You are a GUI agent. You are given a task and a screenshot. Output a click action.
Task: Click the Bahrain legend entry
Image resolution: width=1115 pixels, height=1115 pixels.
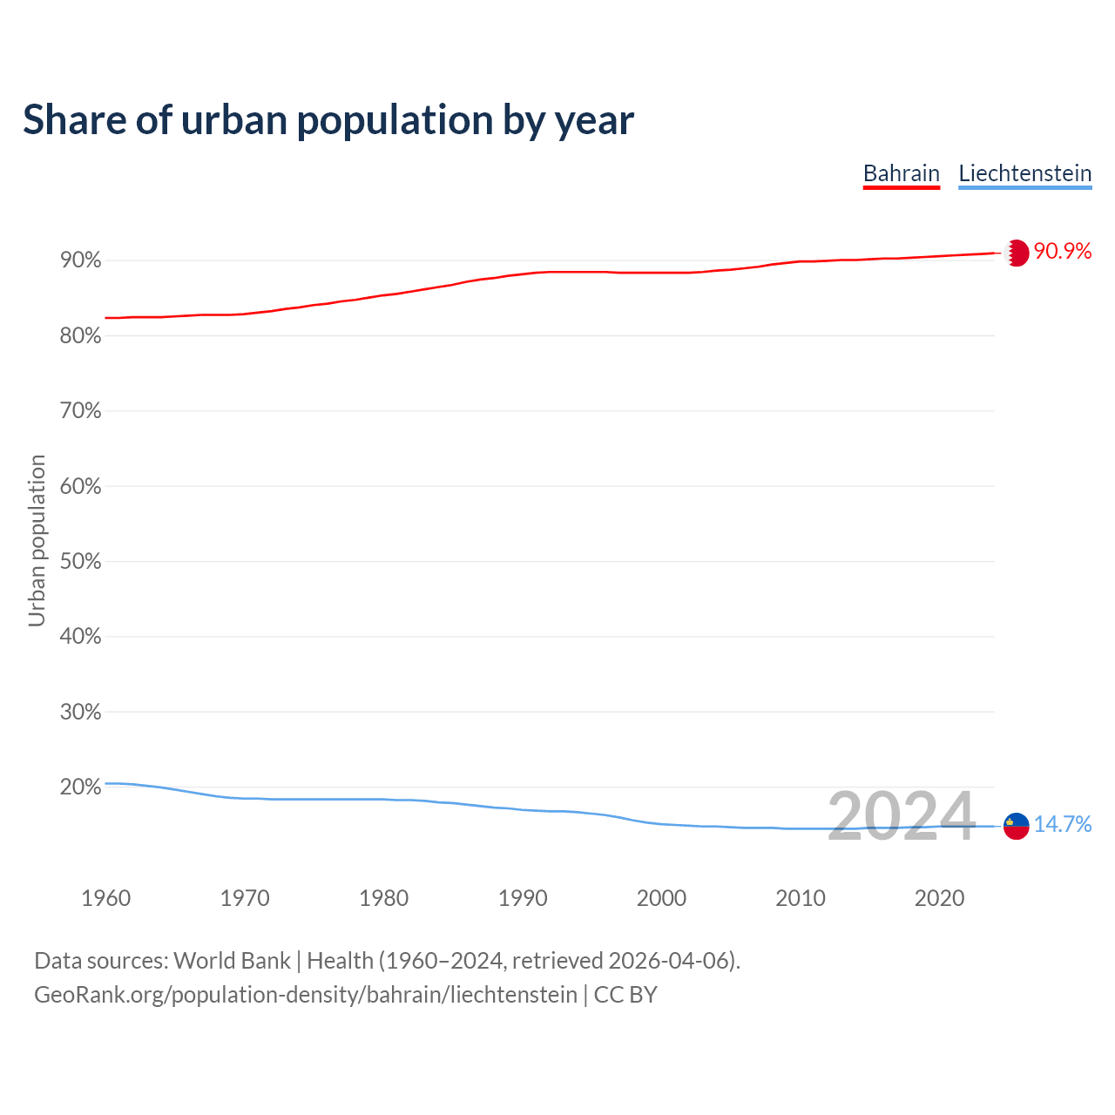pos(901,173)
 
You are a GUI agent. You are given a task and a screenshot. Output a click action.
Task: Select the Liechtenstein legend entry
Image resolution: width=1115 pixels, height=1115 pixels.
pos(1024,173)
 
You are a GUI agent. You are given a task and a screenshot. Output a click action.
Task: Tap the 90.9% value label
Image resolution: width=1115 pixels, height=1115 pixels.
pos(1062,252)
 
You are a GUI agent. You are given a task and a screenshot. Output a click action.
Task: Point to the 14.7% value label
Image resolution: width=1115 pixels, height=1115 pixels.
pos(1062,824)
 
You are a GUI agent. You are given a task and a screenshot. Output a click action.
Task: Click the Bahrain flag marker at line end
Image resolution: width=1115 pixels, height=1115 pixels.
pos(1016,253)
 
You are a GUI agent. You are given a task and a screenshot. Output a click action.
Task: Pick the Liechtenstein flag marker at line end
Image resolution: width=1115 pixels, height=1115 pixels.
pos(1016,825)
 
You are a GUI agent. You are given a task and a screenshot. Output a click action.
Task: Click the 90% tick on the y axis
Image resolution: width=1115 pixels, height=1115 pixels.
pos(80,260)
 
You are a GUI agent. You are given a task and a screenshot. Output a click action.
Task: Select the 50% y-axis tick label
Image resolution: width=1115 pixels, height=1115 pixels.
pos(80,561)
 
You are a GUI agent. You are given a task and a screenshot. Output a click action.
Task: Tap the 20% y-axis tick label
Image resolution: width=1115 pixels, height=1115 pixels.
pos(80,787)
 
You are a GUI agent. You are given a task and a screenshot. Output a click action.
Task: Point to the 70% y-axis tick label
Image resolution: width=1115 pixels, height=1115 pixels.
pos(80,410)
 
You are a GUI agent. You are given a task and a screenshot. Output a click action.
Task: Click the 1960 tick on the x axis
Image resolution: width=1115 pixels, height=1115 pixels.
pos(105,898)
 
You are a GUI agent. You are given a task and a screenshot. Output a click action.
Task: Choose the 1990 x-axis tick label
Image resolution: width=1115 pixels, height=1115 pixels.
pos(523,898)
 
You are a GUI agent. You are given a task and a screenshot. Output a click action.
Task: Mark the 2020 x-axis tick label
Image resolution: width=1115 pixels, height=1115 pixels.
pos(939,898)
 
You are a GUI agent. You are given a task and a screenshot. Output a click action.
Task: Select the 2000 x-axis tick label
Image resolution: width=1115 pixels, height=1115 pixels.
pos(661,898)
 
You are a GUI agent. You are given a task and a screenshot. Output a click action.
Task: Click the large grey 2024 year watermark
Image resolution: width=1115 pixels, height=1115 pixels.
pos(901,817)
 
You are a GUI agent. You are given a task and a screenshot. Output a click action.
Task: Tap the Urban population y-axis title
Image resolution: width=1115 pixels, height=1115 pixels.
pos(37,540)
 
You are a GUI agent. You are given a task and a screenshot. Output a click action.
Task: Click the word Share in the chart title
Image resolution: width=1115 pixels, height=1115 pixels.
pos(74,120)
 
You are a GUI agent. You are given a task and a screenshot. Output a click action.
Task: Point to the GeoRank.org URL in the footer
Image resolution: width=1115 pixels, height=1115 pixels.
pos(305,995)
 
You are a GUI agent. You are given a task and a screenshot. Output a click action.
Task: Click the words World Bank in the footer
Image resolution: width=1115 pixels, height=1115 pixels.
pos(232,961)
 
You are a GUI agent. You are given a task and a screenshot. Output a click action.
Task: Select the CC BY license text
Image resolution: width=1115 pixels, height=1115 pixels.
pos(625,995)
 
